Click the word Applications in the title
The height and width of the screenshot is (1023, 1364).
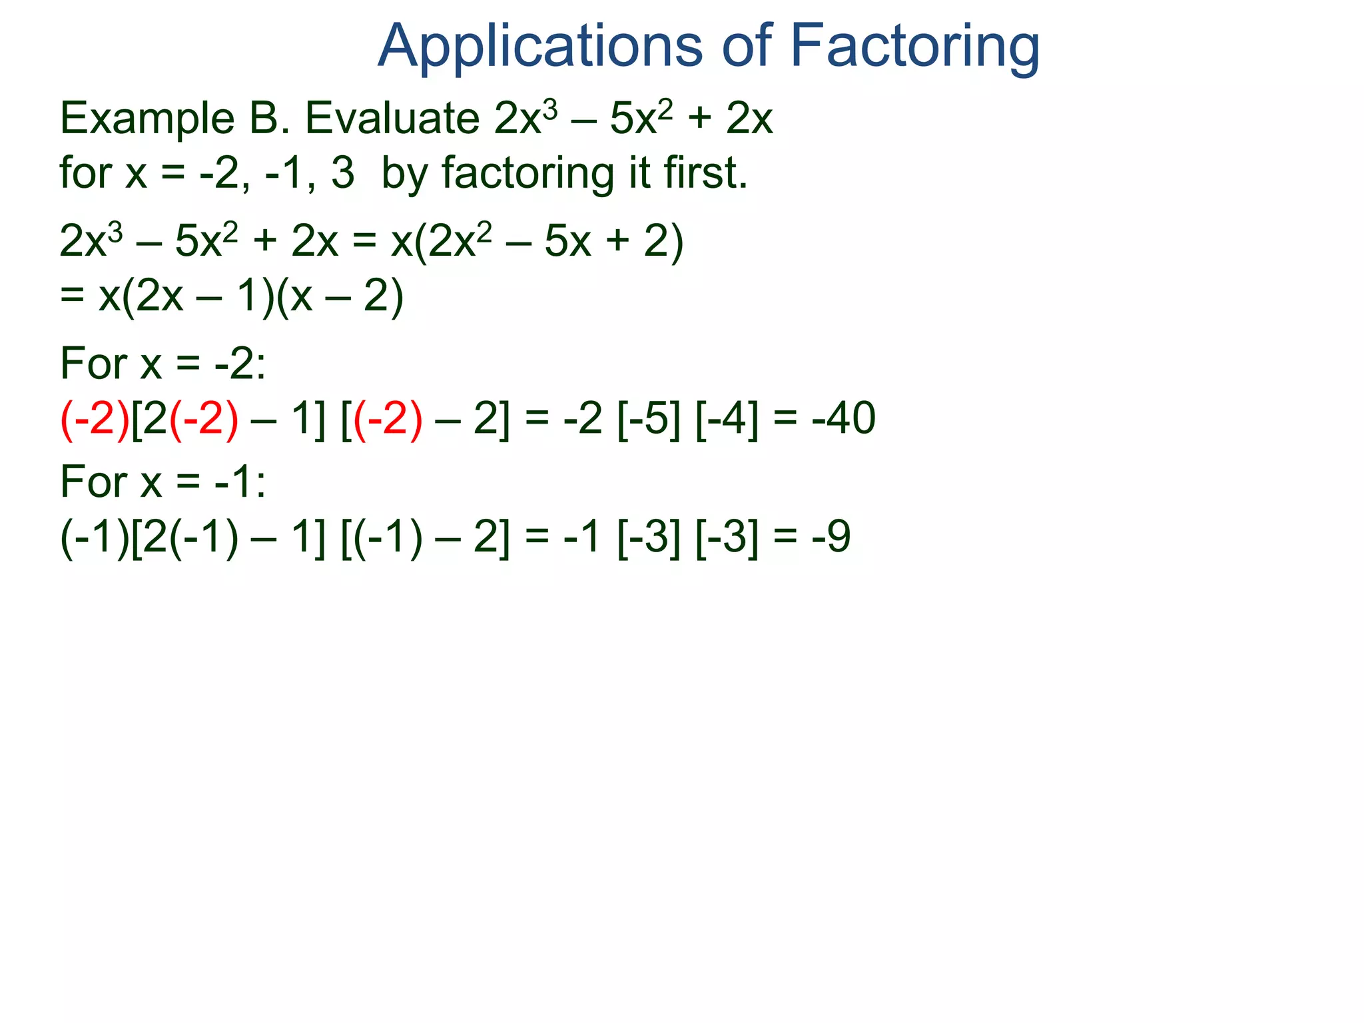[x=539, y=47]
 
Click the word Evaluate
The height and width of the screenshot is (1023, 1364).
[x=392, y=119]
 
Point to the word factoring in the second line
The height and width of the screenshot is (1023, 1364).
[x=527, y=173]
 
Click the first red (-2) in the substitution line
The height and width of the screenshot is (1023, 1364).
[x=95, y=419]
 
